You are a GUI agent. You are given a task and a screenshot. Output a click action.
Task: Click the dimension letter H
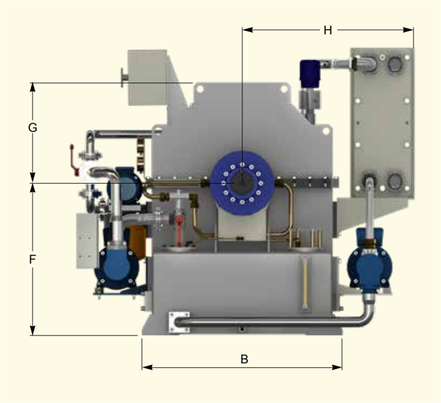[327, 30]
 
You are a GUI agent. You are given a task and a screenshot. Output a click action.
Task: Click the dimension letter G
[33, 128]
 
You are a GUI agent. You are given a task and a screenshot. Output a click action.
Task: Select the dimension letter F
[33, 259]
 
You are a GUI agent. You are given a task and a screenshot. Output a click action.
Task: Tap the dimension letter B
[244, 359]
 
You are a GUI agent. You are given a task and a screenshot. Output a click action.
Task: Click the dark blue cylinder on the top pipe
[310, 73]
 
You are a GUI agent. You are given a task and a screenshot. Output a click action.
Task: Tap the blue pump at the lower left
[117, 268]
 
